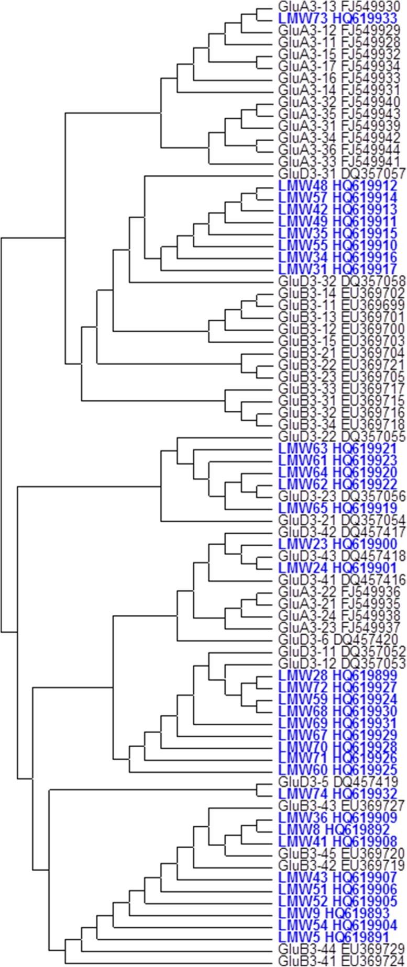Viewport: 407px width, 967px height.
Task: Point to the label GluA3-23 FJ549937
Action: click(x=339, y=627)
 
